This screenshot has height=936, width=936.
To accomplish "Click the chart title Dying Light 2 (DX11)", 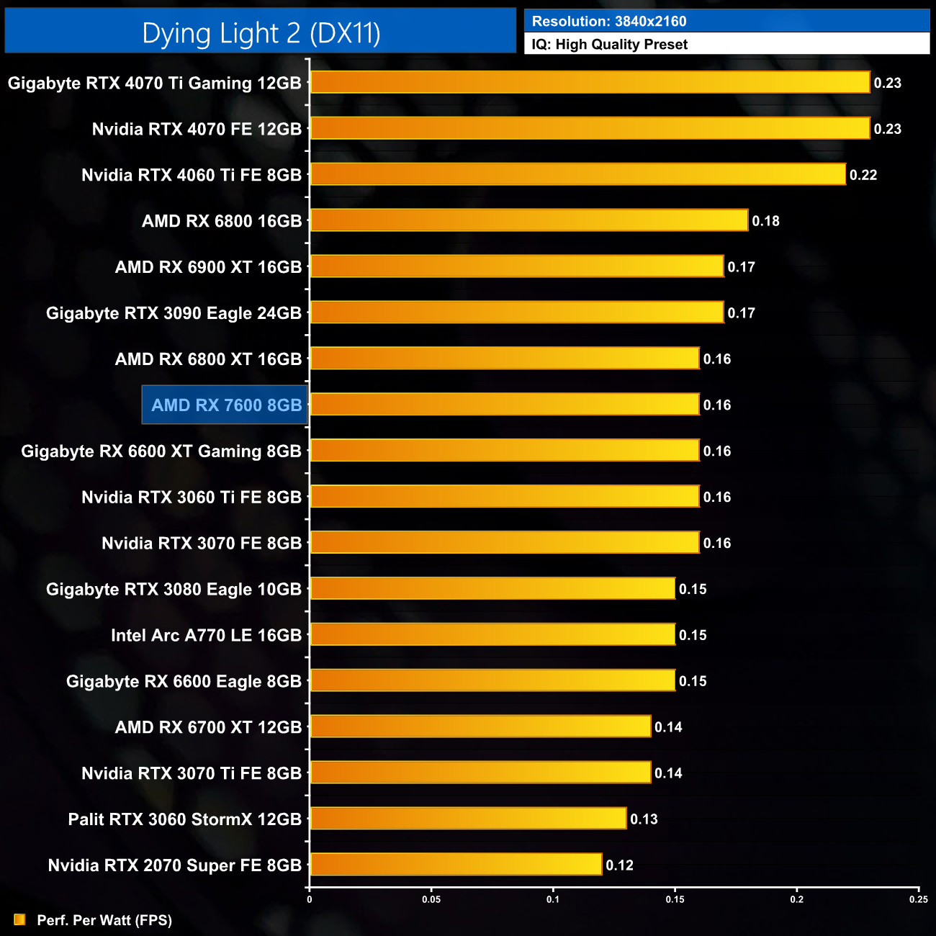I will pos(261,33).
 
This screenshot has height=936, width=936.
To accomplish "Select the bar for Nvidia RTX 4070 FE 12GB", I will pos(590,129).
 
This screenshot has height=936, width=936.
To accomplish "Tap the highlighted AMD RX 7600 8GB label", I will pos(226,405).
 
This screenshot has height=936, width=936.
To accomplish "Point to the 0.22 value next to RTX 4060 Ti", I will pos(863,175).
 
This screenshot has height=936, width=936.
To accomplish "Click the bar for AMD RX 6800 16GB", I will pos(528,221).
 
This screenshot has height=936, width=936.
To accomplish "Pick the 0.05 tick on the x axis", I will pos(431,899).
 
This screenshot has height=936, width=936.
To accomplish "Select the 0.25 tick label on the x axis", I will pos(918,899).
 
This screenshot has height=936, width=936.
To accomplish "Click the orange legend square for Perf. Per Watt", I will pos(19,920).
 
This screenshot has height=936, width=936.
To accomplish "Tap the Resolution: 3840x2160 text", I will pos(609,22).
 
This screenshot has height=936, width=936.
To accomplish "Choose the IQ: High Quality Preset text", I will pos(609,45).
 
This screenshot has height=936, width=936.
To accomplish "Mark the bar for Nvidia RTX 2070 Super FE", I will pos(456,865).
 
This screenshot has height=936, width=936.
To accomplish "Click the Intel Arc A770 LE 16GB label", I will pos(206,636).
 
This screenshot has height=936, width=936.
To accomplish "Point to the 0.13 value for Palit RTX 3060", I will pos(644,819).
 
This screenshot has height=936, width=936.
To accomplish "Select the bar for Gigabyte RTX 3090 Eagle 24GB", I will pos(516,313).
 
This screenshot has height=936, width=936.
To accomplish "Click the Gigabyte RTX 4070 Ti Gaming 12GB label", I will pos(154,84).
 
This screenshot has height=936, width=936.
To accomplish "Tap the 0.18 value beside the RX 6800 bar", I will pos(765,221).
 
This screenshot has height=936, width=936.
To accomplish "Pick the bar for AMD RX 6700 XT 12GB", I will pos(480,727).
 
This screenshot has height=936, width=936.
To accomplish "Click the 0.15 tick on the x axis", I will pos(675,899).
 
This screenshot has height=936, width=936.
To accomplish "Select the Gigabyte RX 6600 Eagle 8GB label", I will pos(184,682).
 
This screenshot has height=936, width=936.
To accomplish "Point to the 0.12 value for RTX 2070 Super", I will pos(619,865).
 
